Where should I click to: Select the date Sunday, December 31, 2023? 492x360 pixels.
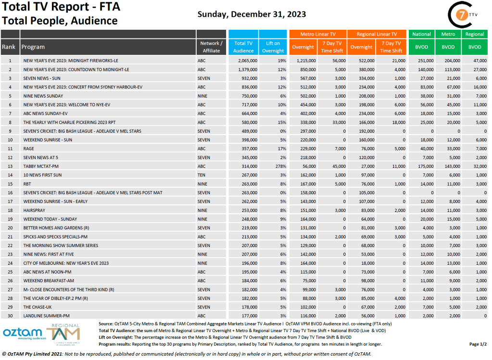(x=252, y=14)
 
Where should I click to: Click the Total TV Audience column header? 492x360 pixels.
(x=243, y=47)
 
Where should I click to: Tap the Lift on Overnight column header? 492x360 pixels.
(x=273, y=47)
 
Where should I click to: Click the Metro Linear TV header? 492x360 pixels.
(x=317, y=34)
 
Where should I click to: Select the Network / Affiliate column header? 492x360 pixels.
(x=211, y=47)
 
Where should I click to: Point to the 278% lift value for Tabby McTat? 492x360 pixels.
(x=280, y=166)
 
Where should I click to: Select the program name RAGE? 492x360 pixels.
(x=28, y=149)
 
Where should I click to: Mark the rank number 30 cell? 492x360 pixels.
(x=10, y=315)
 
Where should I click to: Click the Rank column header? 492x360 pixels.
(x=9, y=47)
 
